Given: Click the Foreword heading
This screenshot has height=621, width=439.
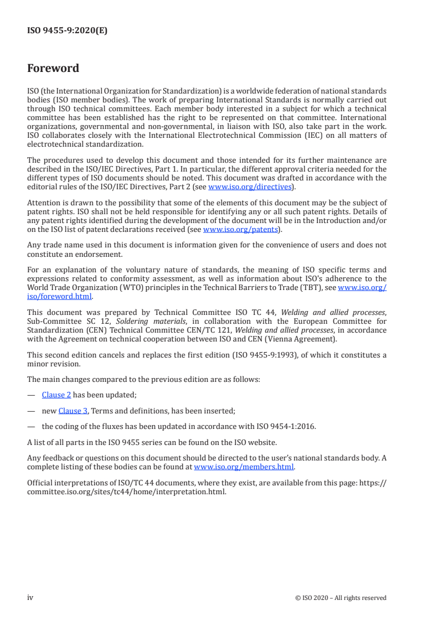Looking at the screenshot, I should click(x=53, y=69).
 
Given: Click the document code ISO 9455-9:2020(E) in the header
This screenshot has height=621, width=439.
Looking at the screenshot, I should click(x=67, y=31).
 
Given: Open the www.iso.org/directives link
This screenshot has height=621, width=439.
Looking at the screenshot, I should click(x=250, y=187).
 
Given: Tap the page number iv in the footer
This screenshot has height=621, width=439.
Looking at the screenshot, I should click(x=30, y=597).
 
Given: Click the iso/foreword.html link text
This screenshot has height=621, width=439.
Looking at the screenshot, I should click(x=60, y=296).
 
